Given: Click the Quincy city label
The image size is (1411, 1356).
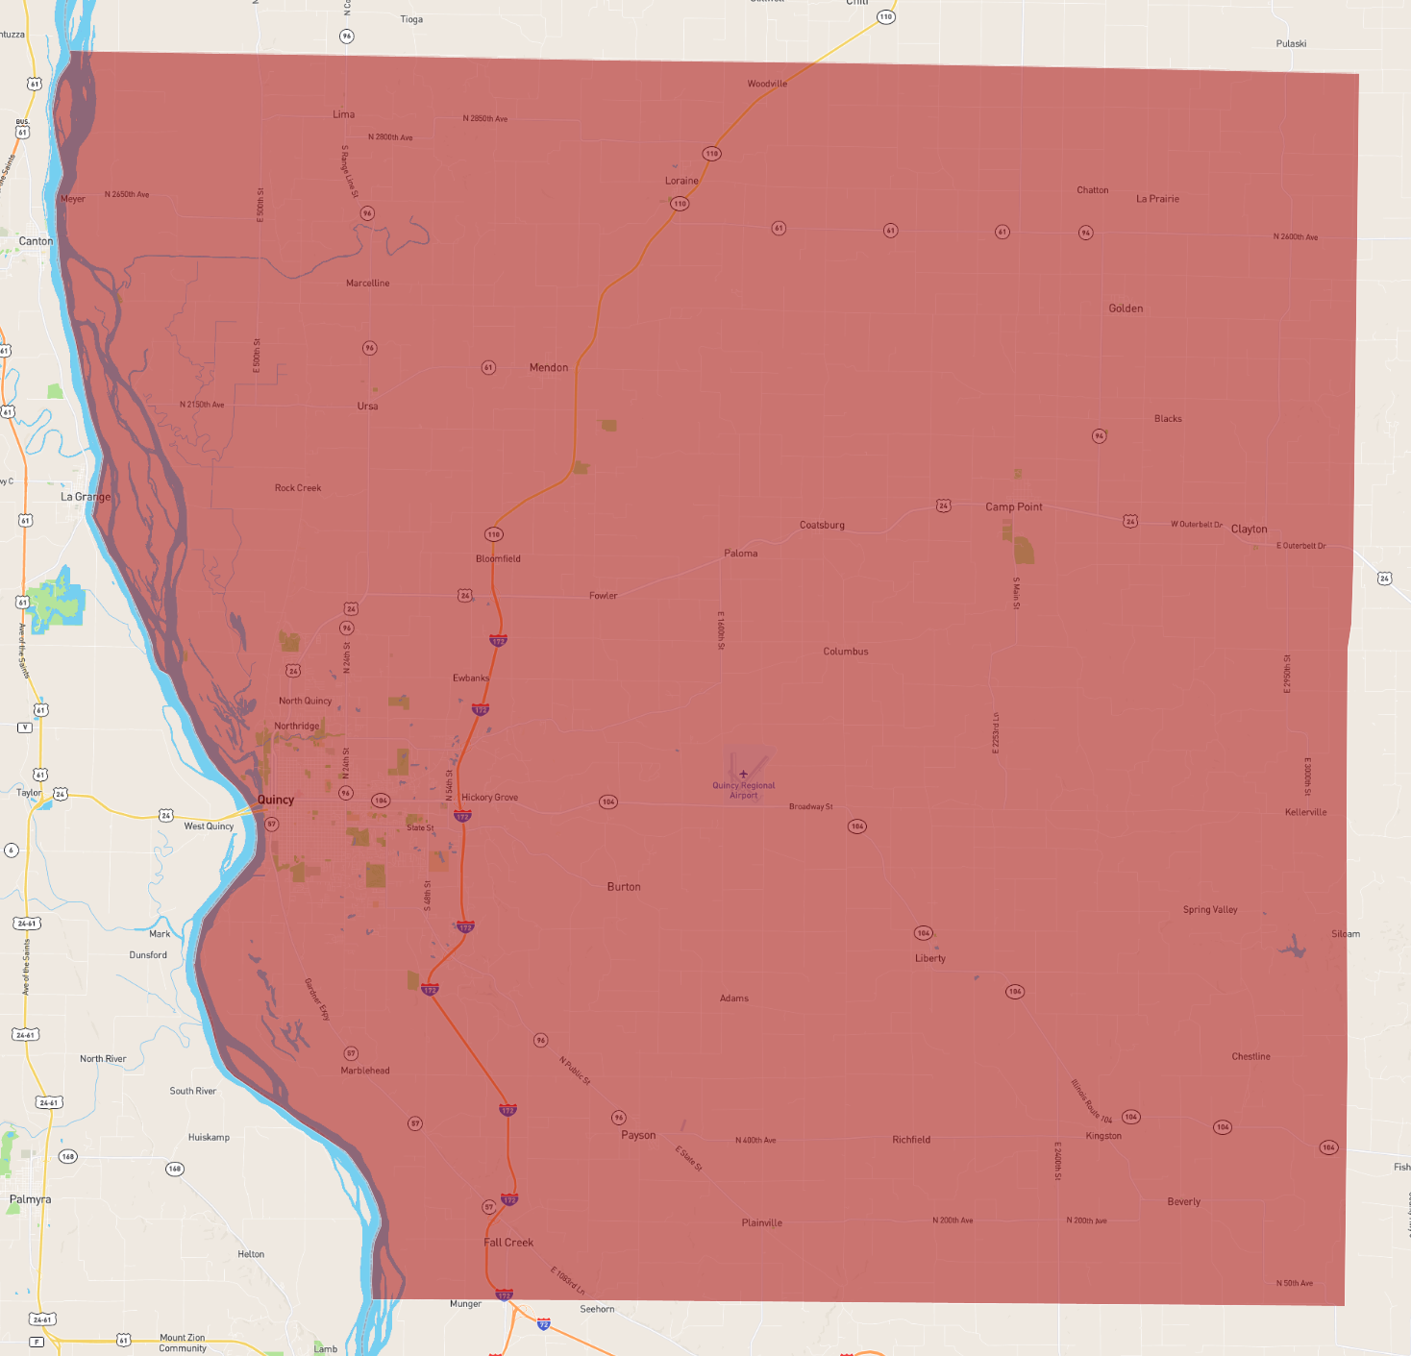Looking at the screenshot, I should [x=276, y=800].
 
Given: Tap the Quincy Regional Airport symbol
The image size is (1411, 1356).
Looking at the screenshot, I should [x=743, y=774].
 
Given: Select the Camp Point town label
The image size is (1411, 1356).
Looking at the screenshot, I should [x=1013, y=506].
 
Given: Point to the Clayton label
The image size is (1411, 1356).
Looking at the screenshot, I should [x=1249, y=529].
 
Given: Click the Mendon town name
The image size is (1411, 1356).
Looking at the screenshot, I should [x=548, y=367].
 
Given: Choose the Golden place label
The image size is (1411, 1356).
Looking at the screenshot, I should [x=1126, y=308].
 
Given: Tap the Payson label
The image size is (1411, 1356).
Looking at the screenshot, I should [x=638, y=1135].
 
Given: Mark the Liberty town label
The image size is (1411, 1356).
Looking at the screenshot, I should [x=929, y=958].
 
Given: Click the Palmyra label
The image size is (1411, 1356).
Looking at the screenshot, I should [x=31, y=1199].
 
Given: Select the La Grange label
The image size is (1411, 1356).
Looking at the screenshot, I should [x=86, y=497].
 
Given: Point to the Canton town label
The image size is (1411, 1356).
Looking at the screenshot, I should [x=37, y=241].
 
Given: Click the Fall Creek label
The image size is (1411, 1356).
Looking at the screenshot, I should [x=508, y=1243].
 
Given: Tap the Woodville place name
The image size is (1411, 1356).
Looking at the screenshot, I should [x=767, y=84].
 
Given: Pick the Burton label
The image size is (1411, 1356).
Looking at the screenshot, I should [x=624, y=887].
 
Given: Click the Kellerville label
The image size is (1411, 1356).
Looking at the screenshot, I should [x=1305, y=812].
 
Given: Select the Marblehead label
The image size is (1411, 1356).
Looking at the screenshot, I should [x=365, y=1071].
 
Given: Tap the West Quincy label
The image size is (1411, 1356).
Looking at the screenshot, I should [x=209, y=826].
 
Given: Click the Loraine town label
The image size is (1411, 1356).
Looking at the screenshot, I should [x=681, y=181].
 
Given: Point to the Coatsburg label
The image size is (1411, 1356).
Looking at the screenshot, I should [x=822, y=525].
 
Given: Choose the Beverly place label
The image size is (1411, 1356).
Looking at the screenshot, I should [x=1183, y=1201].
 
